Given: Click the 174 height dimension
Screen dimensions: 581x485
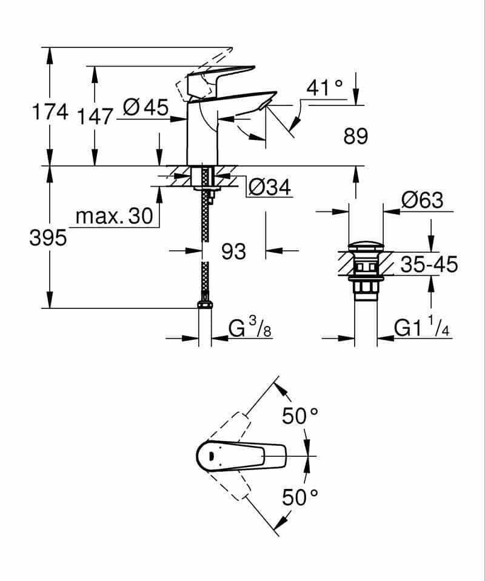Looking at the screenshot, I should coord(50,112).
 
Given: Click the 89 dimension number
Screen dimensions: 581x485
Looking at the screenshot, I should coord(356,136).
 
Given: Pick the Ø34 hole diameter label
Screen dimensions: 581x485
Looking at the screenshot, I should coord(270,188).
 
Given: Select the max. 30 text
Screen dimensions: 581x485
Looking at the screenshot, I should coord(115,216).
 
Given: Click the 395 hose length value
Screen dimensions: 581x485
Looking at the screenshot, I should coord(48,238).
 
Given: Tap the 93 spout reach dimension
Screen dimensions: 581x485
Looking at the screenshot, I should coord(233,250).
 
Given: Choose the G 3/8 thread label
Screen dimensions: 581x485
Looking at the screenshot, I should coord(249,329).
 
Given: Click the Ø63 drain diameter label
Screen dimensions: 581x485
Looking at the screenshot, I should coord(422,200).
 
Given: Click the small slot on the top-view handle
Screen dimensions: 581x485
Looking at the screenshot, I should coord(210,456).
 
